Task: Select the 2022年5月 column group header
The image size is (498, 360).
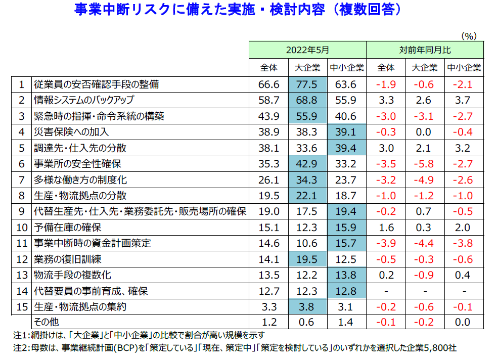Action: (307, 50)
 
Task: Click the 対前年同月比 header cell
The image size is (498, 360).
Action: (425, 50)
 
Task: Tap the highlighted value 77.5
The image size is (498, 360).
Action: (307, 84)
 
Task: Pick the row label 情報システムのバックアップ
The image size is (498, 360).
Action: (83, 100)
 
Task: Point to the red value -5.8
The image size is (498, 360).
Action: (425, 164)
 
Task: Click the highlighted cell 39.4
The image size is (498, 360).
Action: (346, 148)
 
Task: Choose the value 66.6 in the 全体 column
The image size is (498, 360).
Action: (268, 84)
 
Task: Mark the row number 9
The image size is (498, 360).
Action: (21, 212)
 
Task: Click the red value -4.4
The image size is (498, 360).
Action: (425, 244)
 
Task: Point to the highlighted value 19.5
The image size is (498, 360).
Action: (307, 259)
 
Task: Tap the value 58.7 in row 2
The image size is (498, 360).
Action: (268, 100)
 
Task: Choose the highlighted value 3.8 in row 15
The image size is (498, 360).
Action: (307, 307)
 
